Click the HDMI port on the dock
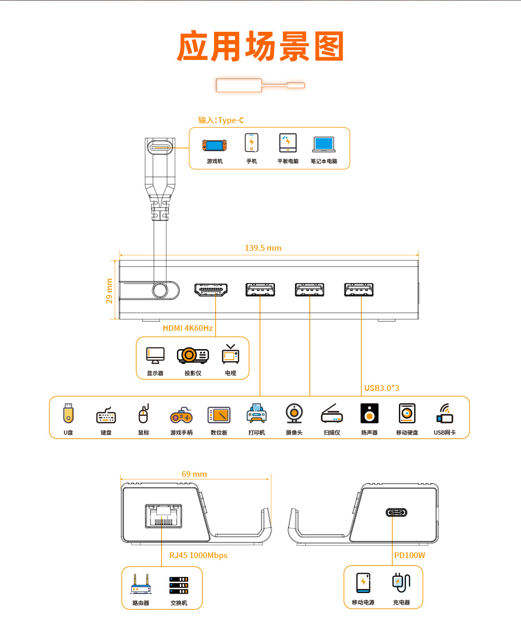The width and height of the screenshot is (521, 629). [211, 290]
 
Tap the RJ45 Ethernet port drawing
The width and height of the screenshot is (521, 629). [164, 516]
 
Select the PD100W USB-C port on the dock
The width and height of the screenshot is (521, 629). [396, 512]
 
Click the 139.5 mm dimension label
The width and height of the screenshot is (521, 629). [263, 248]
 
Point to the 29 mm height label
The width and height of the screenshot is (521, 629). [109, 291]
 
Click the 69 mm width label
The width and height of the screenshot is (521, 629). [194, 474]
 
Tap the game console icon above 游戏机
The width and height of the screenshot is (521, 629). [215, 145]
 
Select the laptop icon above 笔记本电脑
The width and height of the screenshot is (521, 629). [324, 144]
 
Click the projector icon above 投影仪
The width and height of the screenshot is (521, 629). [193, 355]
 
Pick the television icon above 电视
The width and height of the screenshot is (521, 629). [230, 354]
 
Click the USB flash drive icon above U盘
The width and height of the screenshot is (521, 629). [68, 413]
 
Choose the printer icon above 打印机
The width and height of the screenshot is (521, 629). [256, 413]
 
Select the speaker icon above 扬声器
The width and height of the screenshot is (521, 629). [369, 413]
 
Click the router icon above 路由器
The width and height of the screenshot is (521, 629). [141, 584]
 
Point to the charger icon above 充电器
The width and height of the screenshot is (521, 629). [401, 582]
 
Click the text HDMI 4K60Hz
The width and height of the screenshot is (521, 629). [188, 328]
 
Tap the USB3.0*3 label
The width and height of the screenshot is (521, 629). [381, 388]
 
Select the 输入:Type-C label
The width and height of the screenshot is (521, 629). [221, 120]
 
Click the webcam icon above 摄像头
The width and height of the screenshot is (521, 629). [294, 413]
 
